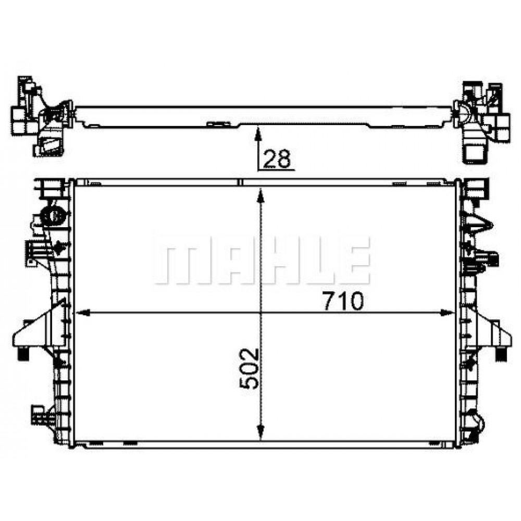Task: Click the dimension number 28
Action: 277,158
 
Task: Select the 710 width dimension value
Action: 343,301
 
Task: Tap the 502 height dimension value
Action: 249,368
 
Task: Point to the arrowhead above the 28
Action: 257,133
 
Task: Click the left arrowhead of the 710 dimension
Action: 83,313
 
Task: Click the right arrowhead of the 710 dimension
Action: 446,313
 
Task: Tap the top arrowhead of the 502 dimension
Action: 261,195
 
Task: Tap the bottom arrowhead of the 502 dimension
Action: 261,432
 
